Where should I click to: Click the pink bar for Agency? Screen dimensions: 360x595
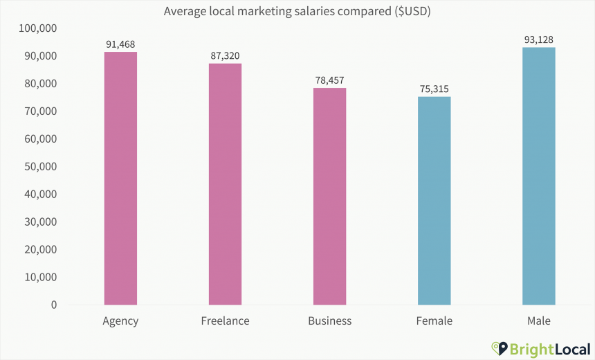point(120,178)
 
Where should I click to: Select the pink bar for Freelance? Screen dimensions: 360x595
point(225,184)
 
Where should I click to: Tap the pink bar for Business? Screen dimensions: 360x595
point(329,196)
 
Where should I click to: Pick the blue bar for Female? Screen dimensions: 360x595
point(434,201)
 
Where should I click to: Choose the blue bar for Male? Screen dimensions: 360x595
point(538,176)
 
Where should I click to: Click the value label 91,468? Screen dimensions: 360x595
point(120,44)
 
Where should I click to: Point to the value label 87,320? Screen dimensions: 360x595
point(225,56)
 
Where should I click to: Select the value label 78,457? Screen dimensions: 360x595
point(329,80)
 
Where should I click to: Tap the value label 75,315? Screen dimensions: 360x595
point(434,89)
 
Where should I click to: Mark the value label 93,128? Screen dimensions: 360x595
point(538,39)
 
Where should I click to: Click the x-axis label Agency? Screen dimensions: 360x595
point(120,321)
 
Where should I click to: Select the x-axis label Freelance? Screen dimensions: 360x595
point(225,321)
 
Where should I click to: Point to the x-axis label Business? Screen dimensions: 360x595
point(329,321)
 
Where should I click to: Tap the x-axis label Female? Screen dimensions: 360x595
point(434,321)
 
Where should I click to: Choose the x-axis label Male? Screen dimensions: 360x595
point(538,321)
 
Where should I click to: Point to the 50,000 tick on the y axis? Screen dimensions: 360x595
point(39,167)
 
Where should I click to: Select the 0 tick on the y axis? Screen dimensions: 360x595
point(53,305)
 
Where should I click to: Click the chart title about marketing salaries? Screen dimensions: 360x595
point(297,12)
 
